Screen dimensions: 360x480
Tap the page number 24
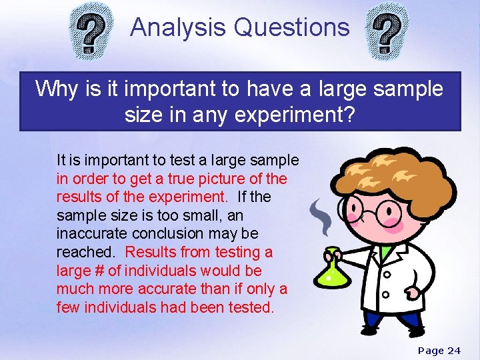[453, 351]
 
